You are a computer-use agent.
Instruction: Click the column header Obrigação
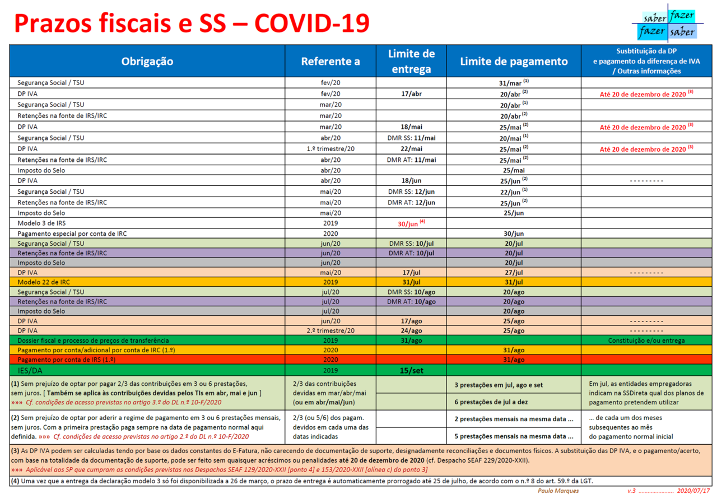click(x=147, y=61)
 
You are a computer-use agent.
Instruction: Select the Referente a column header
click(x=330, y=61)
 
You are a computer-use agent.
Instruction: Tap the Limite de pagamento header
click(x=514, y=61)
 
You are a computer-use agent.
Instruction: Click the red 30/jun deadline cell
click(x=411, y=223)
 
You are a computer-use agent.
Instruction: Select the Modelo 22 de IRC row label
click(x=43, y=282)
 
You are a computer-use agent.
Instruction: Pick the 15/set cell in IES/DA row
click(x=411, y=370)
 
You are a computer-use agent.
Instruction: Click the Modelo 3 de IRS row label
click(x=41, y=223)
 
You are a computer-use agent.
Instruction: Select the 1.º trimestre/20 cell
click(x=330, y=149)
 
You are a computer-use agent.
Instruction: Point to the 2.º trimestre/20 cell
click(x=330, y=330)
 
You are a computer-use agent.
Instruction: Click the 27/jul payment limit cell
click(x=514, y=272)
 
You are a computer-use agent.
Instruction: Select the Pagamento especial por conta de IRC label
click(x=73, y=233)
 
